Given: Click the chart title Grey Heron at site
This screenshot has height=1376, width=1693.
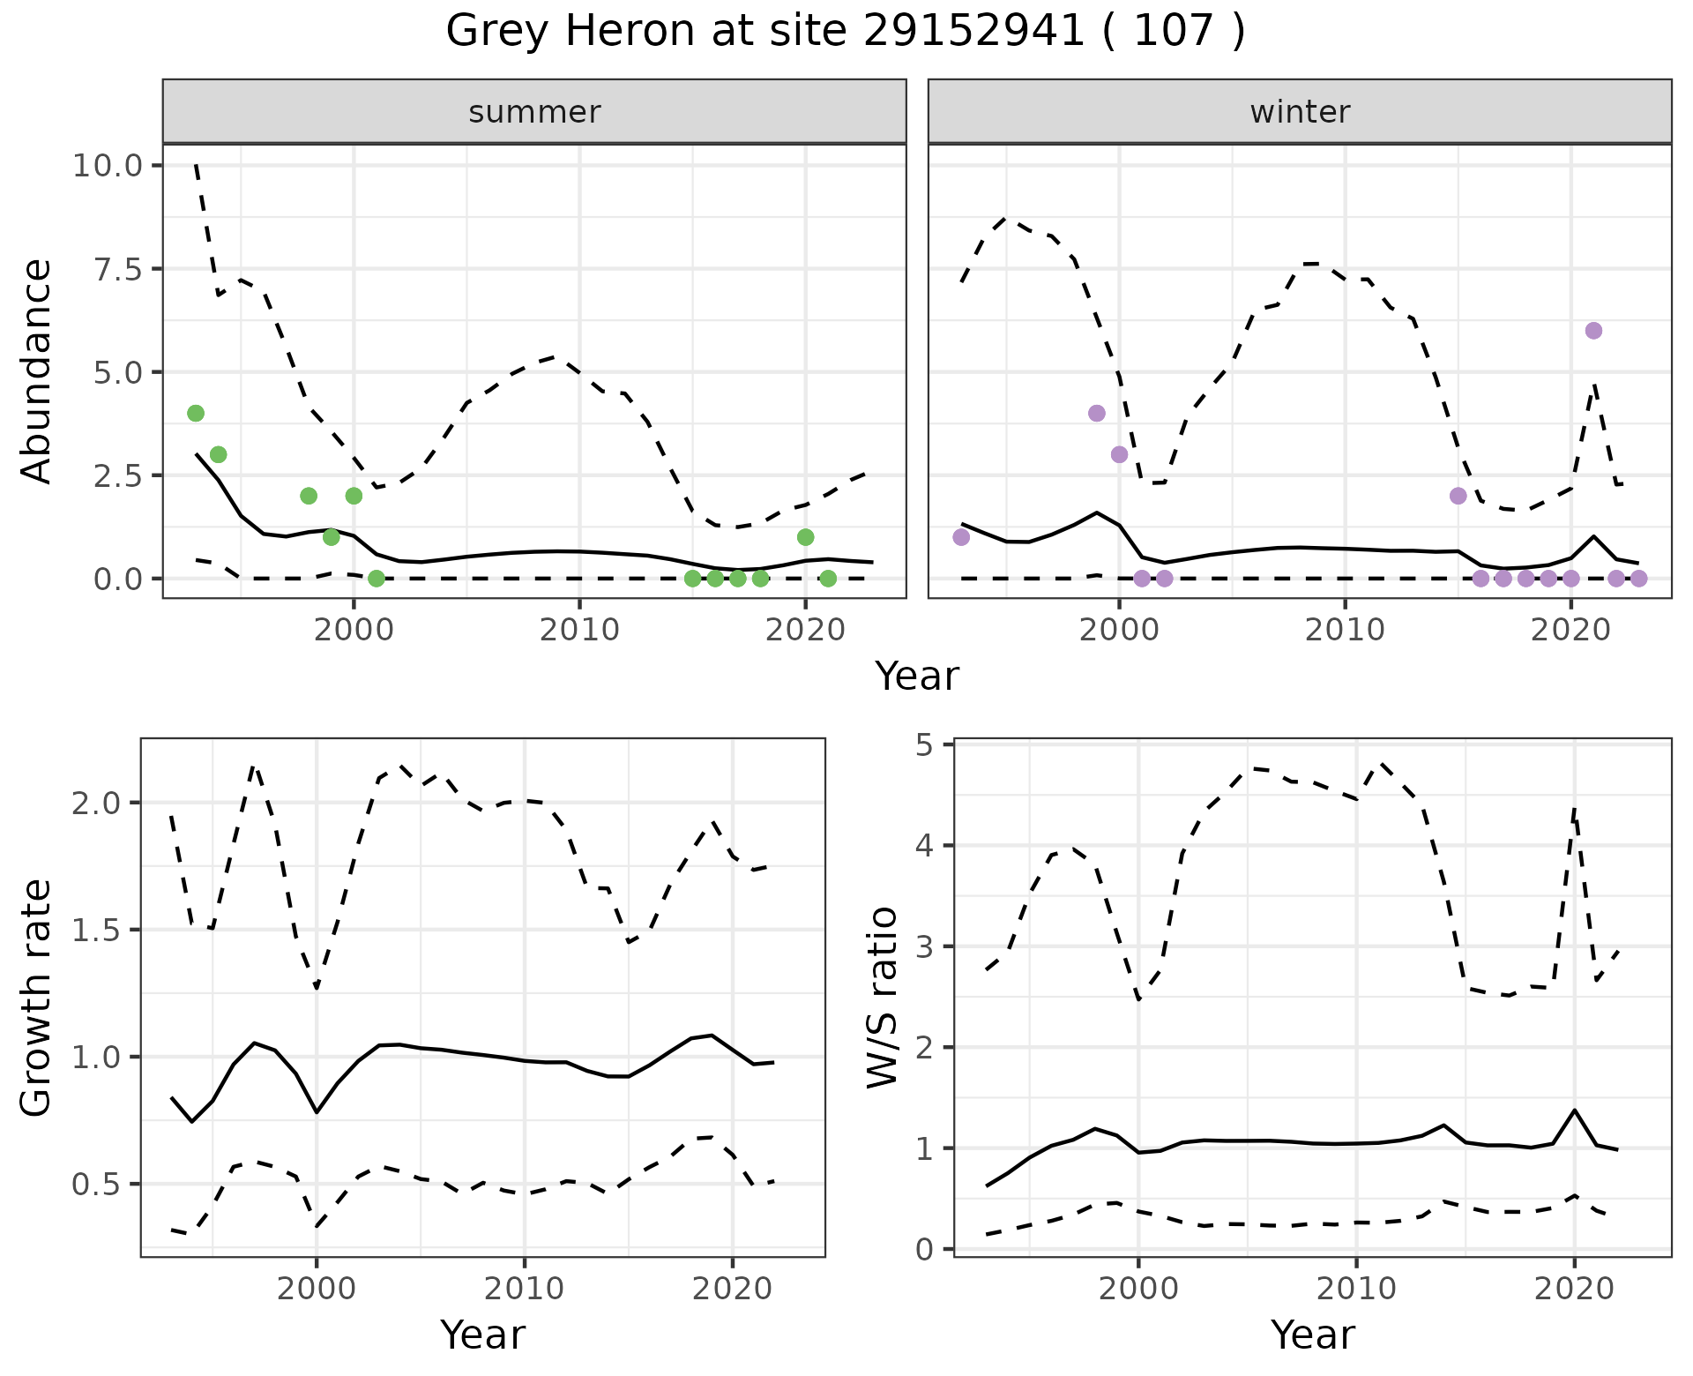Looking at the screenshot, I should tap(845, 32).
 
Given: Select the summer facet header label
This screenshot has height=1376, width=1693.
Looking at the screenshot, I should tap(534, 112).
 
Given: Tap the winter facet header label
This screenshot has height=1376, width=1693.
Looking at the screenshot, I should tap(1300, 112).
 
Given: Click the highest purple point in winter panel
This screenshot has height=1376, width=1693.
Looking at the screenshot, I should tap(1593, 331).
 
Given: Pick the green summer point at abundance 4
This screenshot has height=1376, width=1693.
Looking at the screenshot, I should tap(196, 413).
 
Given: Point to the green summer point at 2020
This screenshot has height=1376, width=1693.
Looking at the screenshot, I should tap(805, 537).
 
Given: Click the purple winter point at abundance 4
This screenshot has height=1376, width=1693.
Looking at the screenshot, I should tap(1097, 413).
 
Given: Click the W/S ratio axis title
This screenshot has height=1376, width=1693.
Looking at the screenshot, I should tap(882, 998).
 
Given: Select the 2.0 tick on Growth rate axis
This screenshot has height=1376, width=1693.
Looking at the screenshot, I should tap(104, 803).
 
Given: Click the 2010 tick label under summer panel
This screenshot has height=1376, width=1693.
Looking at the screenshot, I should tap(579, 631).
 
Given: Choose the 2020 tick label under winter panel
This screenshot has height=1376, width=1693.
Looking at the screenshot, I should tap(1570, 631).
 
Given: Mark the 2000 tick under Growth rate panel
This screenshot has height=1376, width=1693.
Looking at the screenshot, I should tap(317, 1289).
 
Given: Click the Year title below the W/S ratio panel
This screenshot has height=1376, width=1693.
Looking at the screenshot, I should tap(1312, 1335).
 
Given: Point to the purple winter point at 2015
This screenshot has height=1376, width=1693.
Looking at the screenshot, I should tap(1458, 496).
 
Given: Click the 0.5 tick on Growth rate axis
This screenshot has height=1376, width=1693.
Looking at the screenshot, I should tap(104, 1184).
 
